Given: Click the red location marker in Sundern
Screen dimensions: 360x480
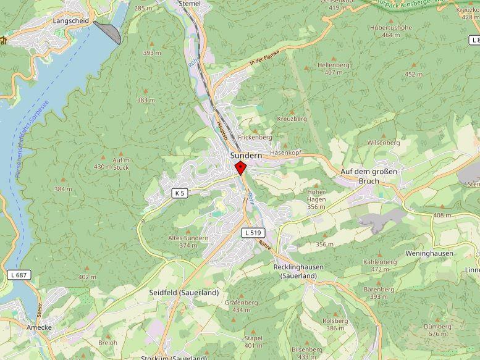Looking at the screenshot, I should pyautogui.click(x=240, y=167).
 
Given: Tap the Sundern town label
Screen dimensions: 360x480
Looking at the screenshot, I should pyautogui.click(x=246, y=156).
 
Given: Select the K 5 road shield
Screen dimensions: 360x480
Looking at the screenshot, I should pyautogui.click(x=179, y=193).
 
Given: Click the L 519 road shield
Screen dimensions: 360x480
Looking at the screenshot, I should pyautogui.click(x=251, y=233).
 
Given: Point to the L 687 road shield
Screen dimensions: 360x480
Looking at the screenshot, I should pyautogui.click(x=19, y=275).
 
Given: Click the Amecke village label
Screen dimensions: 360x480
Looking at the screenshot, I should pyautogui.click(x=39, y=327).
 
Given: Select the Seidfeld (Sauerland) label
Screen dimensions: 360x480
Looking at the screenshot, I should pyautogui.click(x=184, y=293).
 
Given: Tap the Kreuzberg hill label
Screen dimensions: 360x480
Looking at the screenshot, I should pyautogui.click(x=292, y=118).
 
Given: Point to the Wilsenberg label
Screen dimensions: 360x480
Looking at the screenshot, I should pyautogui.click(x=384, y=143).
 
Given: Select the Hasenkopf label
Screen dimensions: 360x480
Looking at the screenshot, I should pyautogui.click(x=285, y=152).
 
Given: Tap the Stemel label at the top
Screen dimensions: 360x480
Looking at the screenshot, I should pyautogui.click(x=189, y=3).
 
